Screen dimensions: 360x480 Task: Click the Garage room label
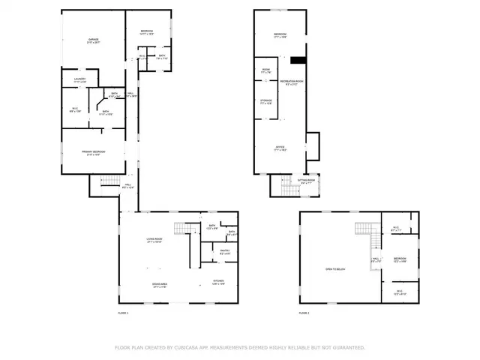pos(93,40)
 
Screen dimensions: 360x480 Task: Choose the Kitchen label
pos(217,283)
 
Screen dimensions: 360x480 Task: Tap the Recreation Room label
pos(291,82)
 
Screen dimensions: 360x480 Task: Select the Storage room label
pos(266,103)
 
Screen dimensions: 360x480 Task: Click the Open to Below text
pos(334,268)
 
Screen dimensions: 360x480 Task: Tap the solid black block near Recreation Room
pos(298,61)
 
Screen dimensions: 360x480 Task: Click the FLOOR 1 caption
pos(124,312)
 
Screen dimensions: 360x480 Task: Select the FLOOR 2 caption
pos(304,312)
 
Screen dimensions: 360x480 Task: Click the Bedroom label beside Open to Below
pos(398,260)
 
